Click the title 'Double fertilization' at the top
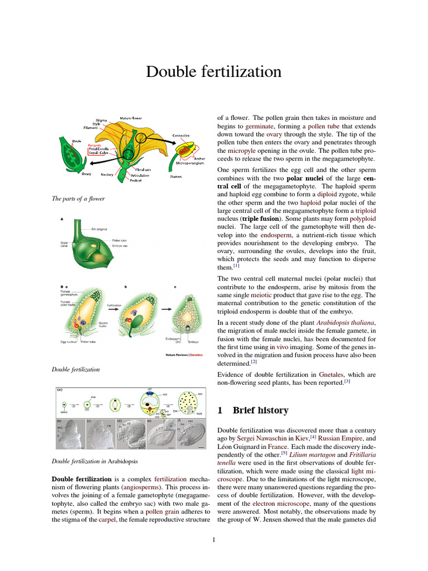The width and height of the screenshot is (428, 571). tap(213, 72)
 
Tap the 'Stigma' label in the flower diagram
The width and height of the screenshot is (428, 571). tap(101, 119)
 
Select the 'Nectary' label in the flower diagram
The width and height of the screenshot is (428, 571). tap(107, 175)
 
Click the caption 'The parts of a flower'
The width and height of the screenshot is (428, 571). tap(78, 199)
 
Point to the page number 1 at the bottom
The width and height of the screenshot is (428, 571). tap(213, 539)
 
